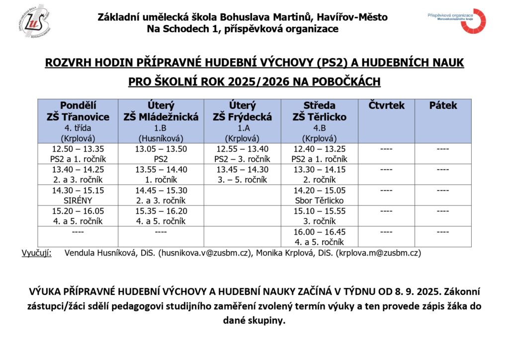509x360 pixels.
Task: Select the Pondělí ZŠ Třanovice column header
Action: [x=78, y=121]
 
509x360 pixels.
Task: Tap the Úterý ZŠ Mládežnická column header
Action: [x=161, y=121]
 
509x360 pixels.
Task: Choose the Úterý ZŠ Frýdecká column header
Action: [x=242, y=121]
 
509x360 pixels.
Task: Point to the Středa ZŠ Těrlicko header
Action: [x=319, y=121]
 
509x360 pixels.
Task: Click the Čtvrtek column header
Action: [x=387, y=106]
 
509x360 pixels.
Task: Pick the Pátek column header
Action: [x=443, y=106]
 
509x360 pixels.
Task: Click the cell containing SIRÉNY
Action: [x=78, y=200]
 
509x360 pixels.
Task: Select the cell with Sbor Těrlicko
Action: [x=319, y=200]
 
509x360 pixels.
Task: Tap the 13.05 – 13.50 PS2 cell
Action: [x=161, y=154]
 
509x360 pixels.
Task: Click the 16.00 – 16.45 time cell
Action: [x=319, y=232]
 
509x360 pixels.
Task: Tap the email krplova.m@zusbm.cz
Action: [x=378, y=253]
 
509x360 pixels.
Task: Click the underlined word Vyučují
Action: [x=36, y=253]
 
